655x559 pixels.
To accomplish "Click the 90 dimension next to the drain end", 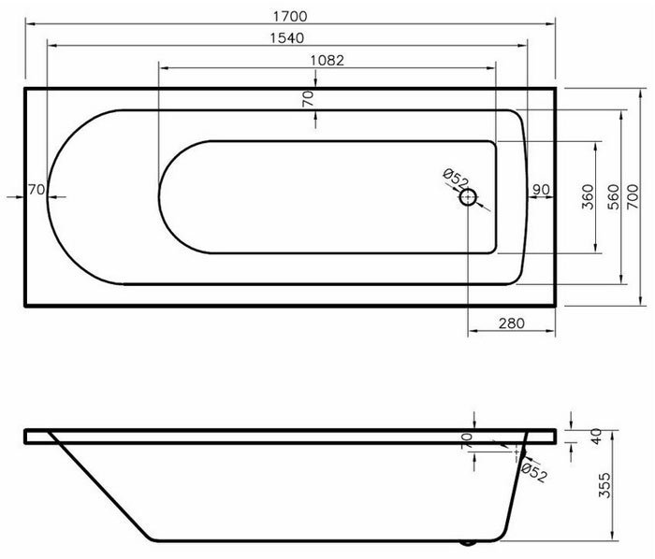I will pyautogui.click(x=540, y=190).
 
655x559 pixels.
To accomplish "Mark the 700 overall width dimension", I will pyautogui.click(x=634, y=197).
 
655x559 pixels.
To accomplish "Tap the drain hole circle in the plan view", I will pyautogui.click(x=468, y=197).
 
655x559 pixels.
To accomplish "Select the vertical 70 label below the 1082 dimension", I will pyautogui.click(x=308, y=98).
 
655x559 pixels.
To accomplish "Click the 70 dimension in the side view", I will pyautogui.click(x=466, y=439).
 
